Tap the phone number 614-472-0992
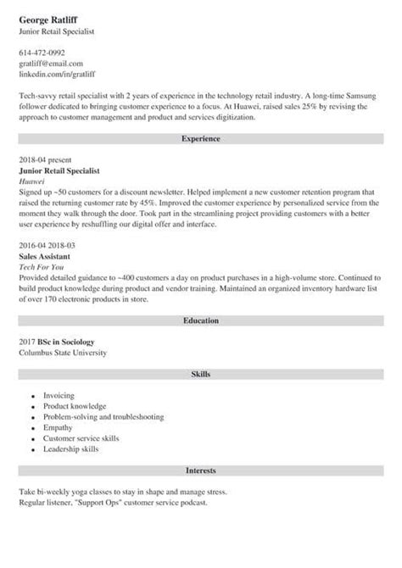coord(42,53)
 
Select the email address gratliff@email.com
coord(51,64)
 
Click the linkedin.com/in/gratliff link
coord(58,75)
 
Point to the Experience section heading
coord(200,137)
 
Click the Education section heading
coord(200,321)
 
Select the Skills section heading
coord(200,373)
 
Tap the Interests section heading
coord(200,470)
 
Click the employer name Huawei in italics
coord(31,180)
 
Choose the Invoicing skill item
coord(59,395)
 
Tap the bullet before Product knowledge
coord(32,407)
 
